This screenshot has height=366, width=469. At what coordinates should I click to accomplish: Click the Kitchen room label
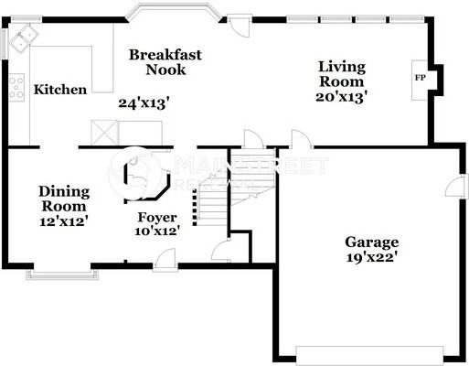pos(60,90)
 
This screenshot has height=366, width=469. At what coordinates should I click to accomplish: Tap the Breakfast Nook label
pos(165,62)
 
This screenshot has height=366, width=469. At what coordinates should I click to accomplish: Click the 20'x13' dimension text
pos(342,96)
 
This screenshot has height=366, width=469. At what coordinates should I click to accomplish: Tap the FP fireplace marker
pos(421,77)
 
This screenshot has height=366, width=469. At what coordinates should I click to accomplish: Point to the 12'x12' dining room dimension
pos(64,221)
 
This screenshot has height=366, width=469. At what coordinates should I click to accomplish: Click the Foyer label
pos(156,218)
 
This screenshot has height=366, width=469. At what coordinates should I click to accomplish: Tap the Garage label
pos(372,242)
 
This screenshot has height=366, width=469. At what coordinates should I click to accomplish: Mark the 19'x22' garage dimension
pos(372,257)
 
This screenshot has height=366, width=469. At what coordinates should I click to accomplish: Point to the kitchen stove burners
pos(16,86)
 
